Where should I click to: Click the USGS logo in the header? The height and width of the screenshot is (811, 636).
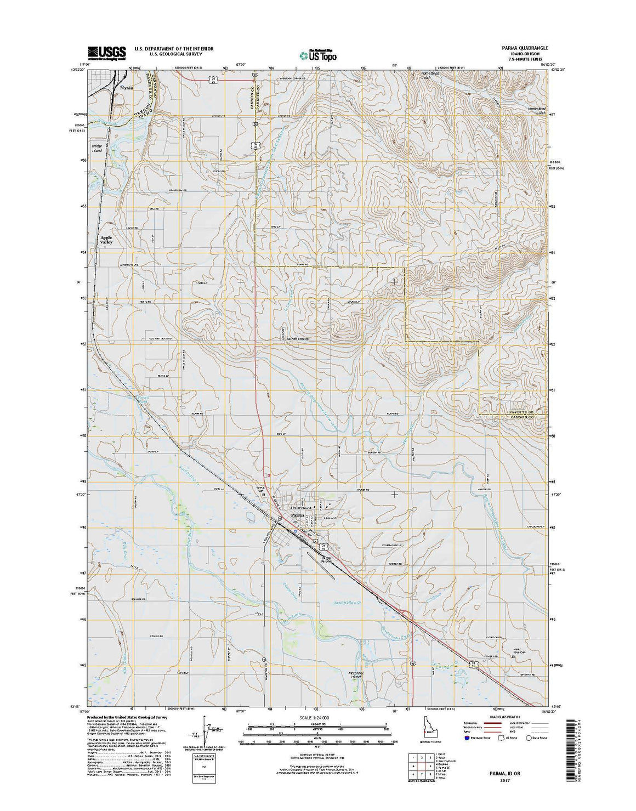106,52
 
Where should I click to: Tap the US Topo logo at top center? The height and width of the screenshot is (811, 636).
318,54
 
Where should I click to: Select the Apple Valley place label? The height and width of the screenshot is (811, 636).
106,240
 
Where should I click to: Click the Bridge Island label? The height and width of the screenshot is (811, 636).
97,148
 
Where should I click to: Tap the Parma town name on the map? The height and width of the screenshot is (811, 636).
297,515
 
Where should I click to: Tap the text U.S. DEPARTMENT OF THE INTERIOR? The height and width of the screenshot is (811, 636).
174,48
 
